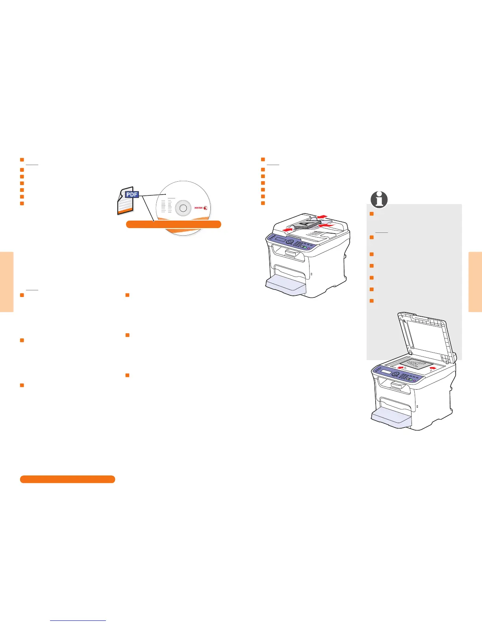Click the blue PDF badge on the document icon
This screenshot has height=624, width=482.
point(132,194)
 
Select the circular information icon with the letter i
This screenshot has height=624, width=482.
point(379,200)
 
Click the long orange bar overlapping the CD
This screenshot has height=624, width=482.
point(173,224)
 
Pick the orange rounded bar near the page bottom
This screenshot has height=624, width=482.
point(67,479)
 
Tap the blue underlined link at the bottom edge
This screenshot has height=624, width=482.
point(78,620)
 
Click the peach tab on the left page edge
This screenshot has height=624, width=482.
point(7,282)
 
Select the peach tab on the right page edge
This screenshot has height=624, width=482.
point(475,282)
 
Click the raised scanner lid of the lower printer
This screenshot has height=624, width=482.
point(423,335)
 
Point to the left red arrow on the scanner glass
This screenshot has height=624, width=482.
point(401,367)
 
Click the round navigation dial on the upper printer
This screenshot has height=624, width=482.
point(290,243)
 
